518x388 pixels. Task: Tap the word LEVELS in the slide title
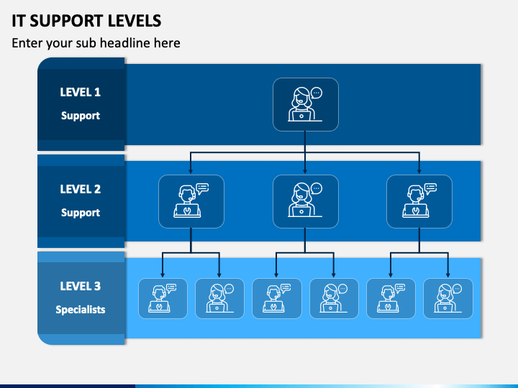[x=135, y=21]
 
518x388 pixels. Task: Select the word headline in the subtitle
[x=124, y=43]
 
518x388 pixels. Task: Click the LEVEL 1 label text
[x=81, y=92]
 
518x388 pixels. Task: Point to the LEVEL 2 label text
[x=81, y=189]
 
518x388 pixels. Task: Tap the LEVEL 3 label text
[x=81, y=286]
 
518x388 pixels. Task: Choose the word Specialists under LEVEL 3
[x=81, y=310]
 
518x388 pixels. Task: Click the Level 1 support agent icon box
[x=306, y=104]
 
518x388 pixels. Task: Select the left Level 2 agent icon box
[x=191, y=201]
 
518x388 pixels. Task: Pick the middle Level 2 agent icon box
[x=306, y=201]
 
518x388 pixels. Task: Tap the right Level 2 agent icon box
[x=419, y=201]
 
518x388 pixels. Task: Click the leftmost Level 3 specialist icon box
[x=163, y=299]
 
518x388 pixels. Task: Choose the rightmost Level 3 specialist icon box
[x=448, y=299]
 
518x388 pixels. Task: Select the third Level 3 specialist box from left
[x=277, y=299]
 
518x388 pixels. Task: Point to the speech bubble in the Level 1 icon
[x=317, y=93]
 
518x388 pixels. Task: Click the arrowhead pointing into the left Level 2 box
[x=191, y=171]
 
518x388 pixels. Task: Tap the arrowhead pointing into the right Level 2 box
[x=419, y=171]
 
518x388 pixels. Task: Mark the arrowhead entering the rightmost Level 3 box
[x=448, y=274]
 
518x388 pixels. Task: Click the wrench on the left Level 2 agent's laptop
[x=187, y=211]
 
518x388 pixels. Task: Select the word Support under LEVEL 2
[x=81, y=213]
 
